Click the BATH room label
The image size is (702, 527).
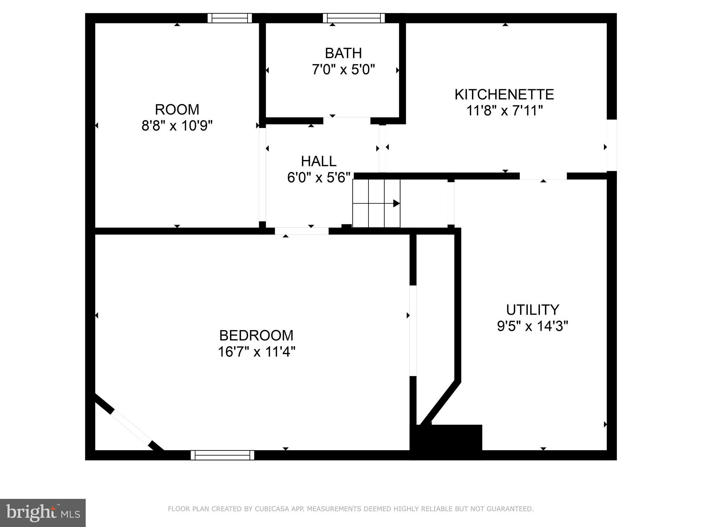(343, 53)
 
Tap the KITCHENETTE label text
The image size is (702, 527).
(504, 94)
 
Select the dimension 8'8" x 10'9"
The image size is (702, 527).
(177, 126)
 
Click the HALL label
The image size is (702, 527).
(318, 161)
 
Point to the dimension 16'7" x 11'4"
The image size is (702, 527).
(256, 352)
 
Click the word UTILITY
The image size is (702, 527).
(532, 309)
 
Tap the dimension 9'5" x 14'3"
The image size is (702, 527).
(532, 326)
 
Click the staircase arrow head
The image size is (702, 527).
(396, 203)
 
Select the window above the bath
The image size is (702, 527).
(353, 18)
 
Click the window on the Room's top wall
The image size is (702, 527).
(230, 18)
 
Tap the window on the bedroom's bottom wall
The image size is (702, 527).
(222, 455)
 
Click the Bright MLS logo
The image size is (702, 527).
(43, 513)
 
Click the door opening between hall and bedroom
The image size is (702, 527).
(302, 231)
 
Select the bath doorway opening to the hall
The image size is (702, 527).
(347, 120)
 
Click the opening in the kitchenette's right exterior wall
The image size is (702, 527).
(612, 145)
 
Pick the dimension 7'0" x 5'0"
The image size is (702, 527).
(343, 70)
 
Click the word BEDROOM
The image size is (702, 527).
(256, 335)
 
